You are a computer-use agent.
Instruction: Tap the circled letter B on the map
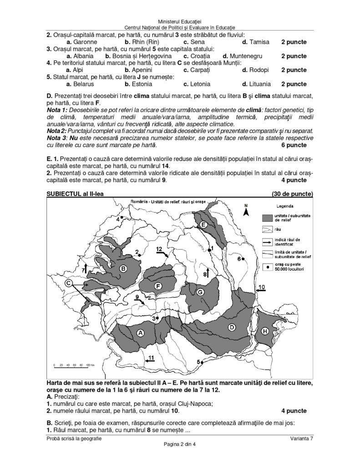point(122,269)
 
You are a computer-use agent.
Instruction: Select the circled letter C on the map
point(68,283)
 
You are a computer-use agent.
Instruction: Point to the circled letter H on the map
point(265,332)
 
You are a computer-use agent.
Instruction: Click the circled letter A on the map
point(141,333)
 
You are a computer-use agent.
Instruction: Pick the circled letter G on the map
point(199,292)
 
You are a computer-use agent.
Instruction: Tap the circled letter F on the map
point(158,286)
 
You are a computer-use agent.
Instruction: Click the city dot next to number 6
point(243,259)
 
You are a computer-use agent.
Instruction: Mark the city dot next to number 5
point(202,362)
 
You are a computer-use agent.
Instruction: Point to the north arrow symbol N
point(246,210)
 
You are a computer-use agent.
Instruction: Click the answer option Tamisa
point(259,42)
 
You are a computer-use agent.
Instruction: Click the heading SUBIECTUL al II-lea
point(75,193)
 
